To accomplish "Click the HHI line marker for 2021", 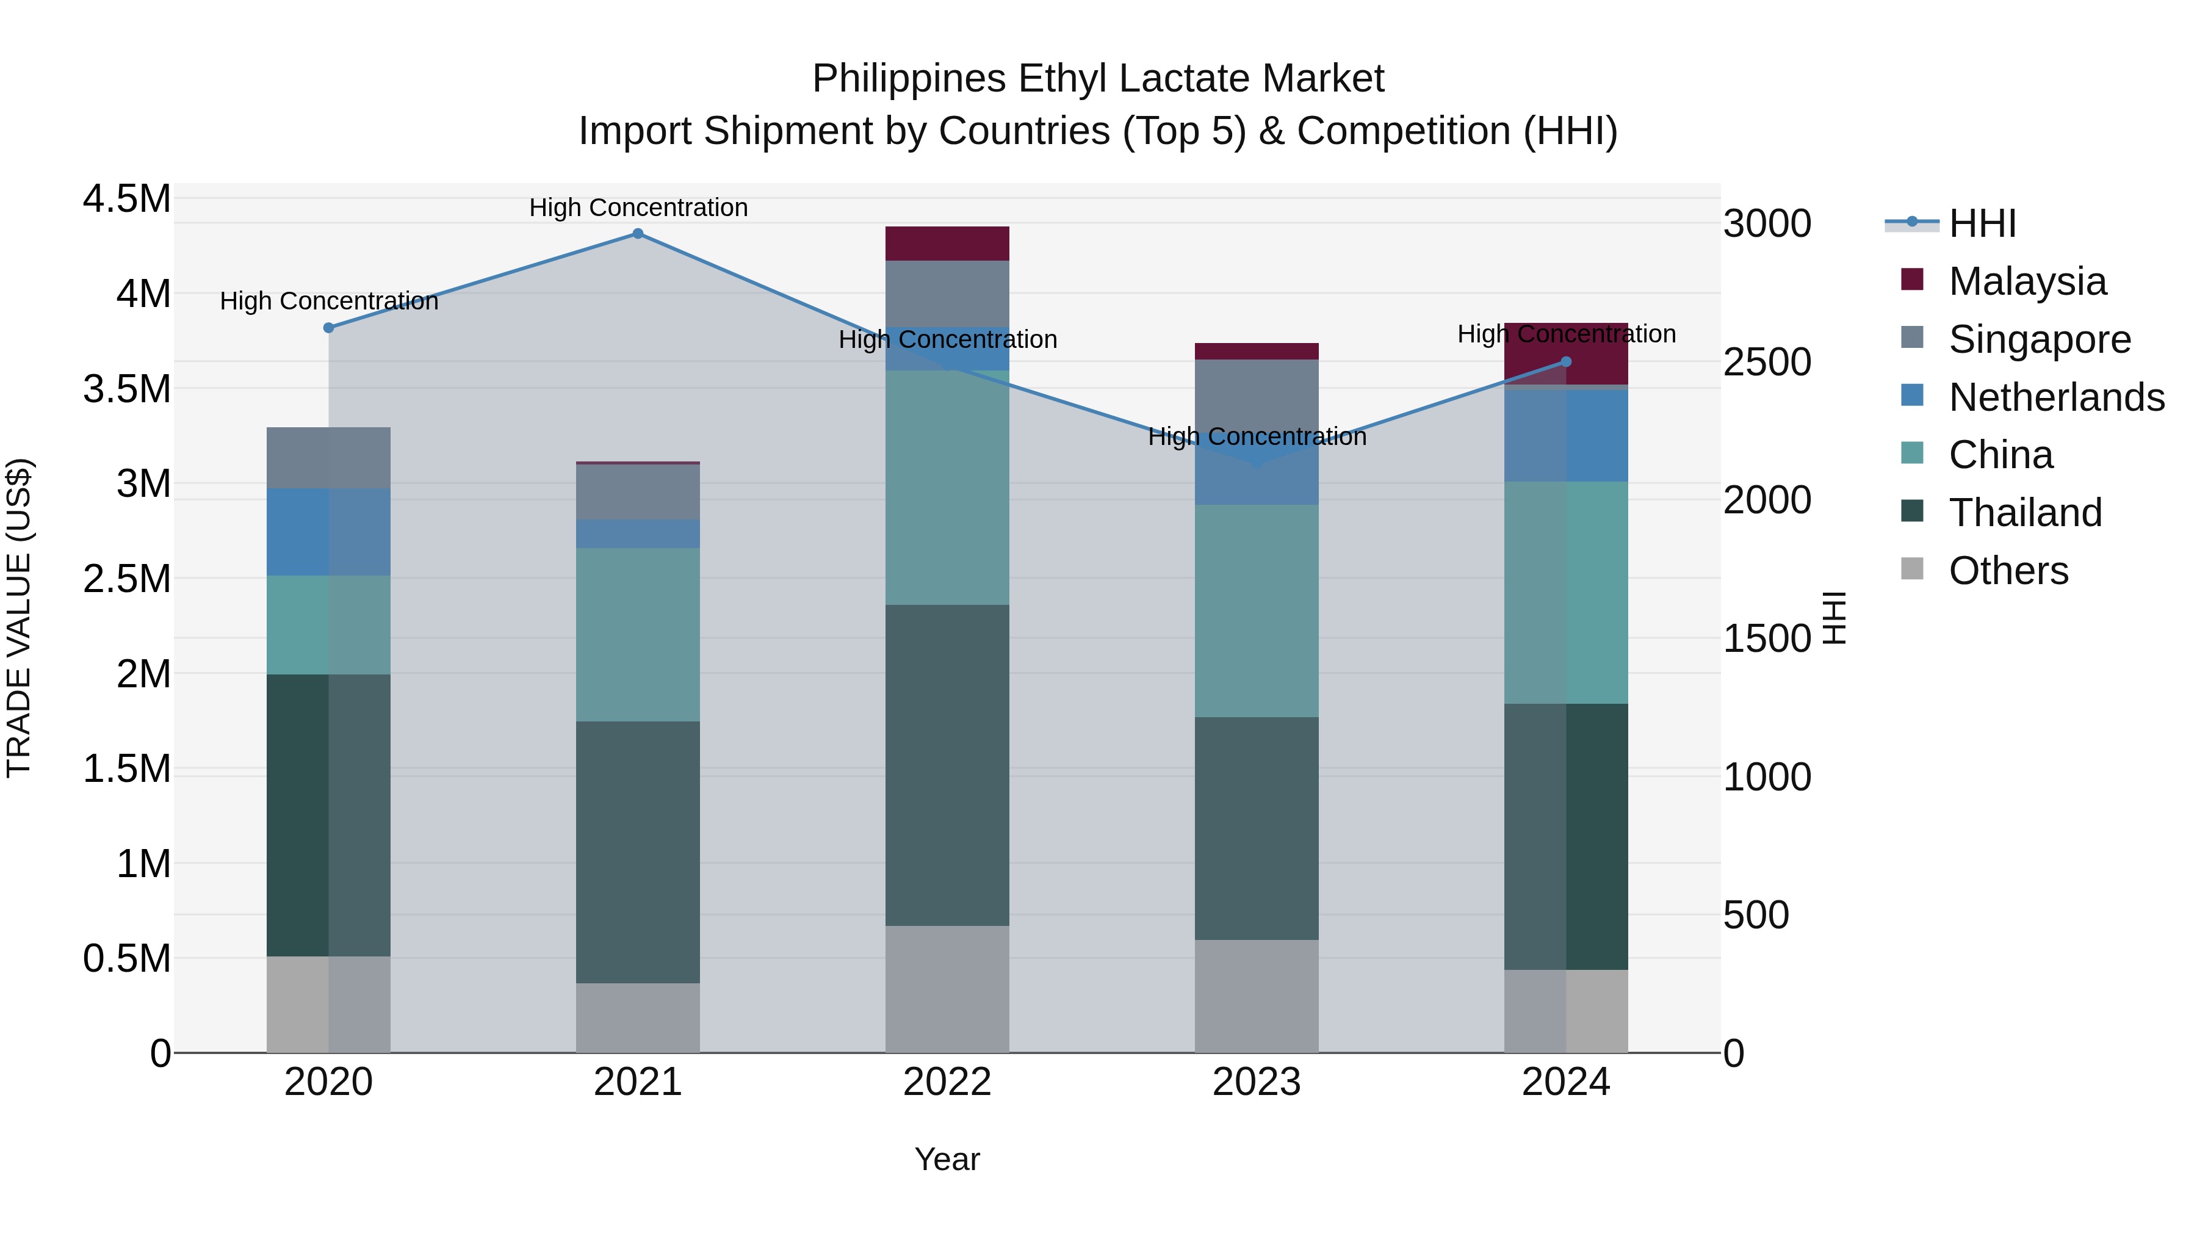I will click(638, 234).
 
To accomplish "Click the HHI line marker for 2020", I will click(328, 328).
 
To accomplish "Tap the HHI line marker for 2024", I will click(1566, 362).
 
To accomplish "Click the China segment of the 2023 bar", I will click(1257, 611).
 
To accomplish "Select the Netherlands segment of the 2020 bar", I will click(328, 532).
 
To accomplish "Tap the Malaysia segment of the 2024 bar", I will click(1566, 353).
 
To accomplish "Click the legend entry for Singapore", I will click(2038, 339).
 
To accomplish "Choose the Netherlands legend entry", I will click(2055, 397).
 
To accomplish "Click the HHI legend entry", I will click(1981, 223).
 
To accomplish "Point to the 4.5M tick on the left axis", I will click(126, 199).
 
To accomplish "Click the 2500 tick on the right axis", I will click(1766, 363).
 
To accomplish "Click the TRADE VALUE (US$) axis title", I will click(19, 618).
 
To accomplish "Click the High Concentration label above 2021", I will click(638, 208).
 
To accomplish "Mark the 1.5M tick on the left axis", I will click(126, 768).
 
